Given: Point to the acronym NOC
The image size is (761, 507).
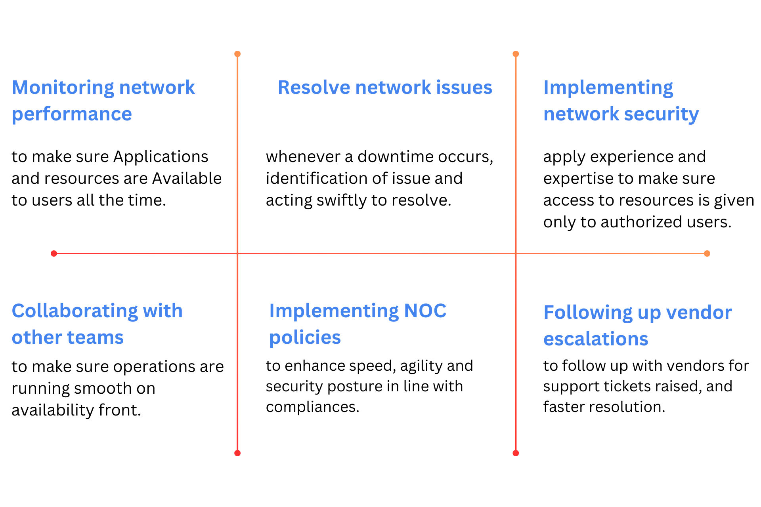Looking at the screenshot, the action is (425, 311).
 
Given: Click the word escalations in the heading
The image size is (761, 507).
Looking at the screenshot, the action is (596, 339).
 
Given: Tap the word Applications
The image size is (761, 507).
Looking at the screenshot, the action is (161, 157).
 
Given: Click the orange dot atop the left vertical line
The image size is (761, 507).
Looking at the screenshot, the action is (237, 54).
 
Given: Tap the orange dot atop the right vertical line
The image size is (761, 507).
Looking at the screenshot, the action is (516, 54).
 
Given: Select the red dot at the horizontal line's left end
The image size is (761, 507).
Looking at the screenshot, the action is (54, 253).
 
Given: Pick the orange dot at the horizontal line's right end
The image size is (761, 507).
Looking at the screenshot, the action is (707, 253).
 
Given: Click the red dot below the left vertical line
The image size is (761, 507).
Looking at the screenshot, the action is (237, 453).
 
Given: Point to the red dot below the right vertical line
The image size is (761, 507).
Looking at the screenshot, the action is (516, 453).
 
